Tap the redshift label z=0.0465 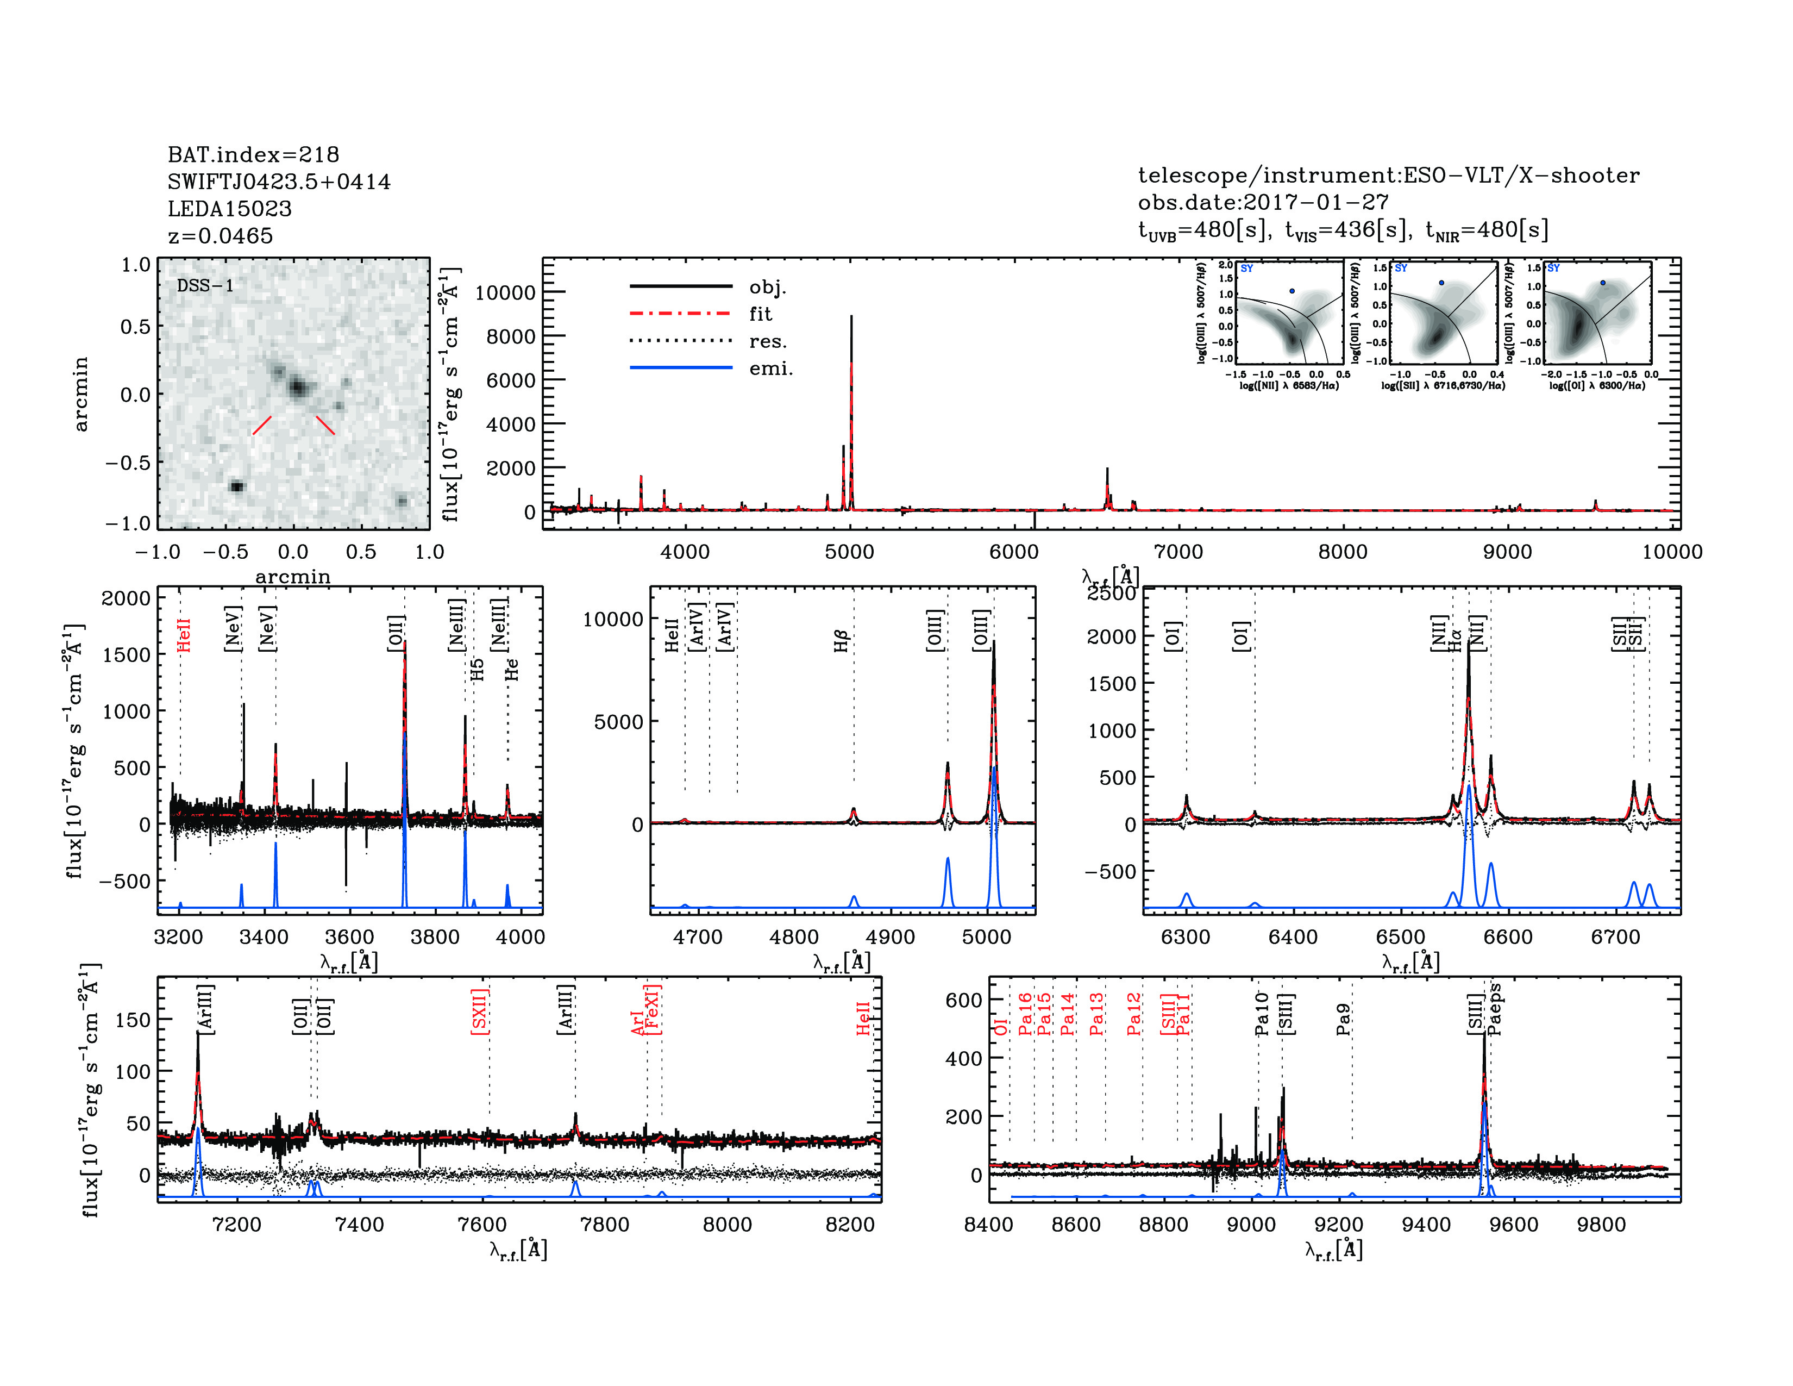point(220,236)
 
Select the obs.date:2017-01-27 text point(1263,202)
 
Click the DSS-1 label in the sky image point(205,286)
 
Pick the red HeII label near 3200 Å point(184,635)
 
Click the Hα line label point(1455,640)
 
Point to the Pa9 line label point(1343,1019)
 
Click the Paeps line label point(1495,1009)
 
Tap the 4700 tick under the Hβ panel point(698,937)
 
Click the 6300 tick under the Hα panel point(1186,937)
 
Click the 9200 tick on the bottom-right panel point(1339,1224)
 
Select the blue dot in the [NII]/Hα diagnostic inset point(1292,291)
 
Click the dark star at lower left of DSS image point(236,486)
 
